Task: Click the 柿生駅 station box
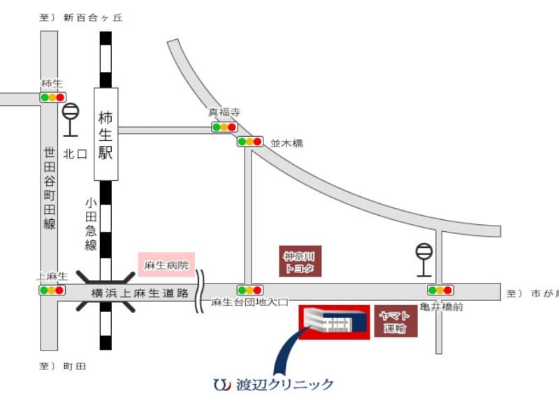tap(106, 133)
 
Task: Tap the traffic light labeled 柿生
tap(52, 97)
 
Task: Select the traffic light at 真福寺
tap(224, 127)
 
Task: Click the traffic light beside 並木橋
tap(249, 141)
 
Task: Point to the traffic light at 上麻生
tap(52, 290)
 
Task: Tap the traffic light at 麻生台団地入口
tap(249, 290)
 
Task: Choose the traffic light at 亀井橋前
tap(440, 290)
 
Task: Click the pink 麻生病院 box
tap(166, 265)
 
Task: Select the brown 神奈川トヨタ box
tap(300, 261)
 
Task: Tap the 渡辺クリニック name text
tap(284, 384)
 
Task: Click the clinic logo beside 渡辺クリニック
tap(221, 383)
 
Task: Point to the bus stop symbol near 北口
tap(71, 119)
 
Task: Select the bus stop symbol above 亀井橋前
tap(423, 258)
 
